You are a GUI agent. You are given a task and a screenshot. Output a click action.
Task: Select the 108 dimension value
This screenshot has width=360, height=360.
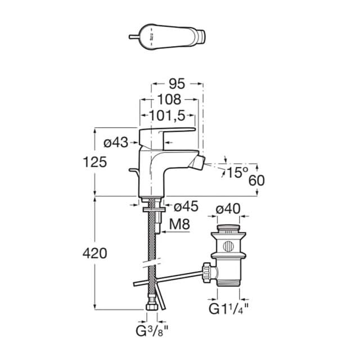click(169, 100)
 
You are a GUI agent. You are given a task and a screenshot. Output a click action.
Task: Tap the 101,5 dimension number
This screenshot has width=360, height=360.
click(167, 116)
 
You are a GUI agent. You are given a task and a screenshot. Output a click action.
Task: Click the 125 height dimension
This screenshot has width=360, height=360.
click(95, 163)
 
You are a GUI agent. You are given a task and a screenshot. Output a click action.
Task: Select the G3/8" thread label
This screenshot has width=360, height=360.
click(154, 328)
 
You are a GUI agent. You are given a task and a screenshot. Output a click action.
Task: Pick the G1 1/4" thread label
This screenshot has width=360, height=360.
click(229, 309)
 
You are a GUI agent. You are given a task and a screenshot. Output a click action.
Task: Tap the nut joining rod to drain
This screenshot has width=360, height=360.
click(210, 272)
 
